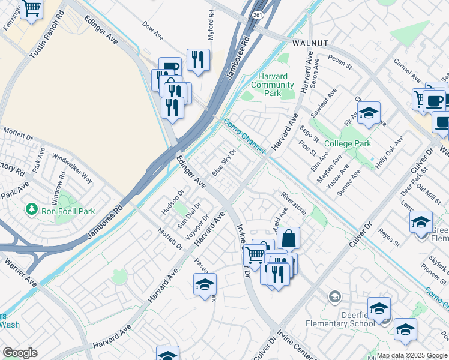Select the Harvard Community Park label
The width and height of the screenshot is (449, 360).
(x=273, y=85)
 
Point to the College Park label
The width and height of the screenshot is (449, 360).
(x=347, y=143)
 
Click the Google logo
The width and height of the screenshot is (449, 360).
(x=20, y=353)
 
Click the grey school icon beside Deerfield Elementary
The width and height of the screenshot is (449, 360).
(x=334, y=296)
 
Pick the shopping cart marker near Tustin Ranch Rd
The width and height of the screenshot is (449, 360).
(x=31, y=9)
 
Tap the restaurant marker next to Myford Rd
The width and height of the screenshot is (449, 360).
(x=197, y=59)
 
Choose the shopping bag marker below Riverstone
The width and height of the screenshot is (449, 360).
(x=288, y=238)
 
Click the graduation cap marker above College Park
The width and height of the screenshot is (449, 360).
(x=369, y=113)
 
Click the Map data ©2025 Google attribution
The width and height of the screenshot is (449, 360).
(x=412, y=355)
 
